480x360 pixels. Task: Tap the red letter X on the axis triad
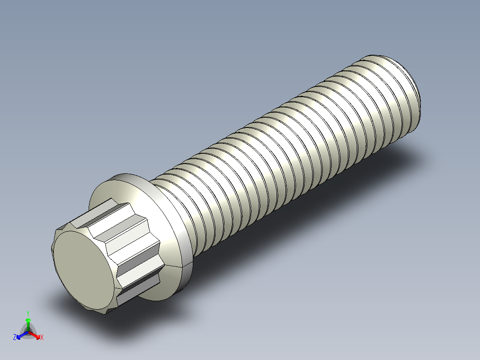coord(42,338)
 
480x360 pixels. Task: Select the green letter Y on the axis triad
coord(28,313)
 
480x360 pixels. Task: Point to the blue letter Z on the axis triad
coord(15,338)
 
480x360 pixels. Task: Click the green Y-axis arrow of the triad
coord(28,323)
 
